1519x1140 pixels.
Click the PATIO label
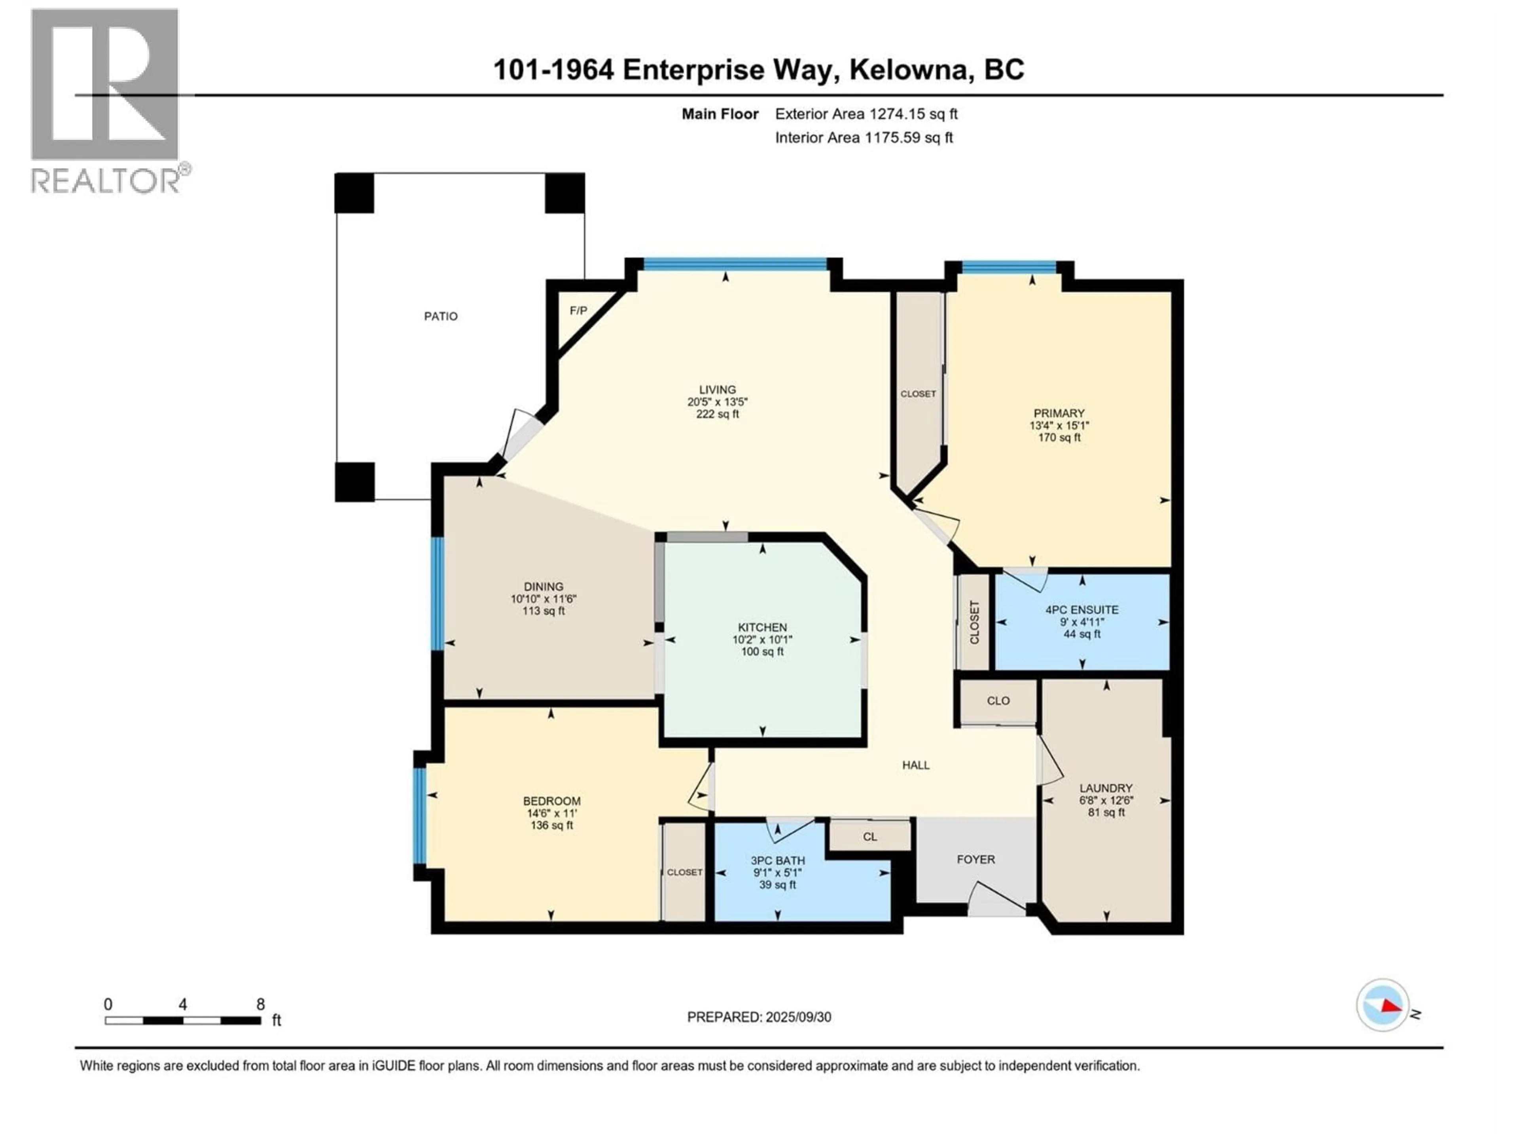(441, 316)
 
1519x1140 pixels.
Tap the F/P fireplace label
(579, 311)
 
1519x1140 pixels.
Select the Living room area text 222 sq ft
(718, 414)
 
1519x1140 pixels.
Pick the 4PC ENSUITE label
(1082, 610)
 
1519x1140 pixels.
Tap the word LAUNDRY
(1106, 788)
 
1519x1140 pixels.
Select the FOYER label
(976, 860)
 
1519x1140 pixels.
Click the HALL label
(916, 765)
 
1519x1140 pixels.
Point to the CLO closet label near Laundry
(998, 701)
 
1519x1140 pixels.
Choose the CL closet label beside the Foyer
(870, 837)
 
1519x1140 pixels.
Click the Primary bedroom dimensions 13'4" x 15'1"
(1059, 426)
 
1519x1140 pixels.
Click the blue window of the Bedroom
(420, 816)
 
